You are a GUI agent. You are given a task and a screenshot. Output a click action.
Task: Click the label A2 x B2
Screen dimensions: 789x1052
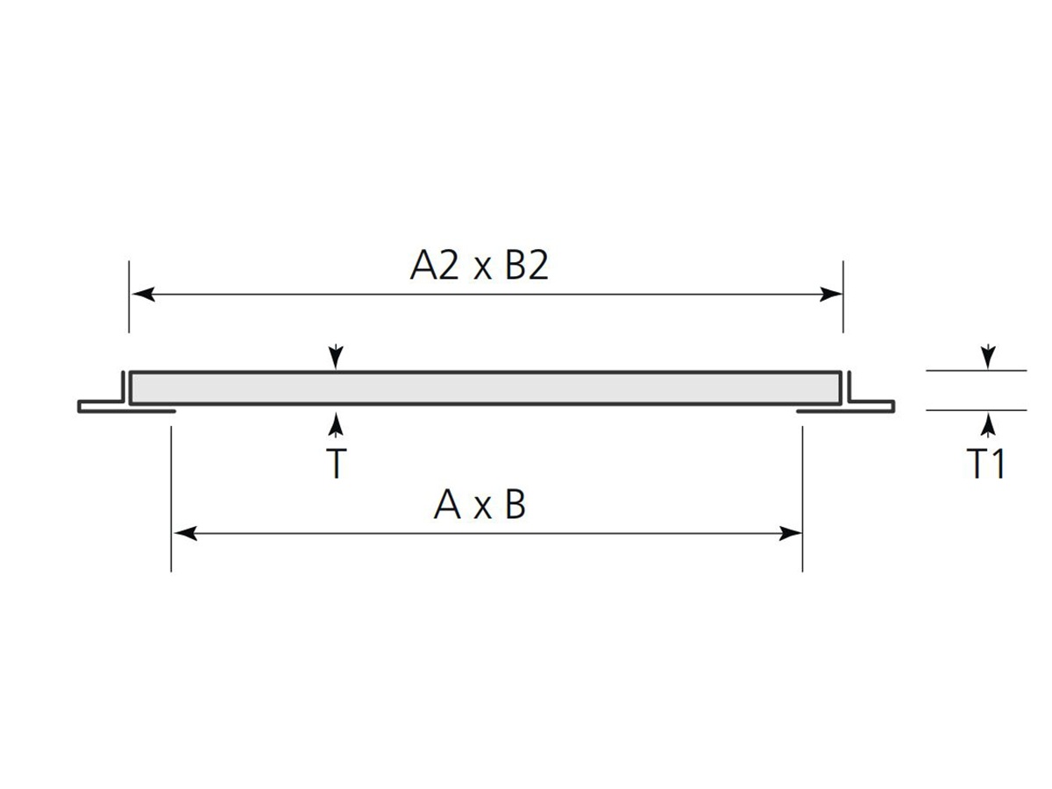479,266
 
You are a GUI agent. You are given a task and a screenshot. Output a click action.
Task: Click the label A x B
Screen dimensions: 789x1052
479,505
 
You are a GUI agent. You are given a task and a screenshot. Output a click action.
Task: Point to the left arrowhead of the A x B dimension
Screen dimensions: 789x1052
183,533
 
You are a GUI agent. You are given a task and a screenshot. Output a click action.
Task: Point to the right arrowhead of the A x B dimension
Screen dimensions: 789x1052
791,533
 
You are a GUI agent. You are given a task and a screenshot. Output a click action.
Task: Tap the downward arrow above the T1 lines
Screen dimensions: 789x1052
988,356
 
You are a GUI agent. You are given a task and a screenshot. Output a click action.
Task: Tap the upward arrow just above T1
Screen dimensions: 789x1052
988,425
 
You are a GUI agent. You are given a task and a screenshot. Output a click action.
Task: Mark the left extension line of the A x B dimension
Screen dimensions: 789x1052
171,500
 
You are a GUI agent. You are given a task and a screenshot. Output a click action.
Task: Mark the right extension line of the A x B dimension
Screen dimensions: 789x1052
802,500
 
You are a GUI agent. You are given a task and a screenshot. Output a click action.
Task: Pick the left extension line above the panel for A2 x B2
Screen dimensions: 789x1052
129,298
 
